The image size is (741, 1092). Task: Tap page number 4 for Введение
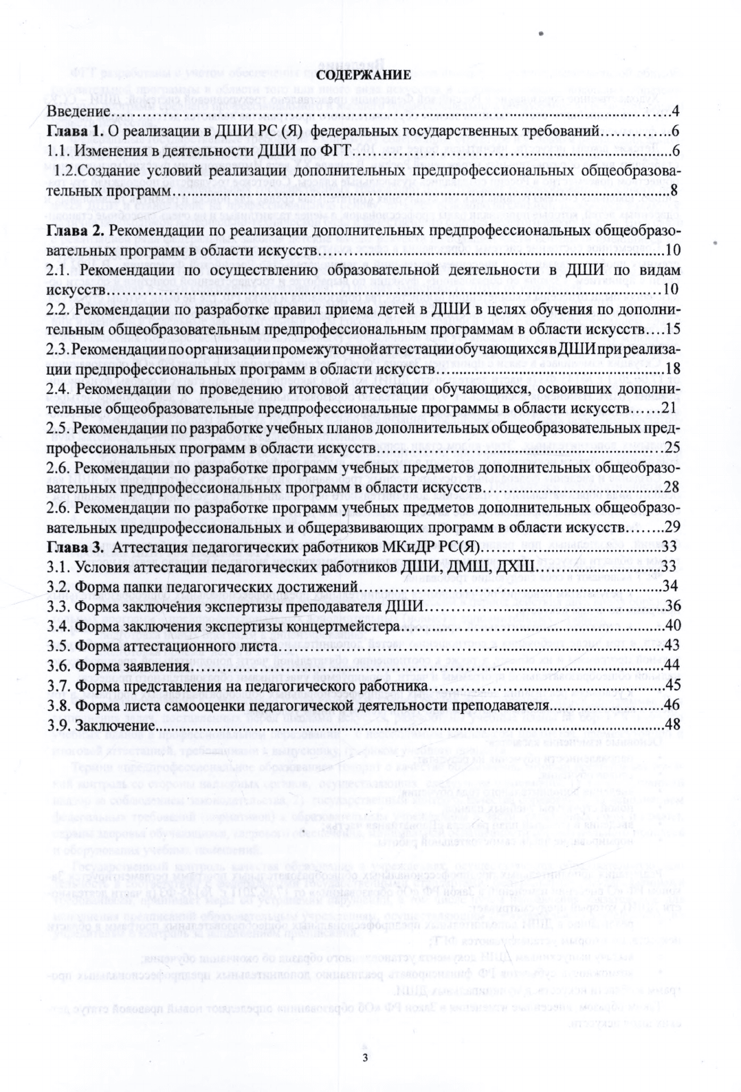[676, 111]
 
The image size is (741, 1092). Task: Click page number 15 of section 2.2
[672, 329]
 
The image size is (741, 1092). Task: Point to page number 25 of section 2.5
[672, 449]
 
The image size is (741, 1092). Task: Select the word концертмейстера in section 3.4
[348, 627]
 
